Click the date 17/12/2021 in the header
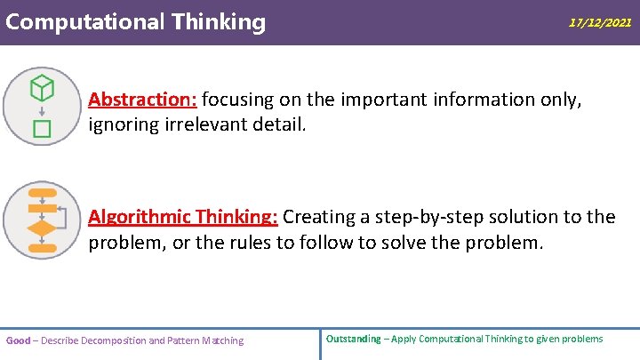point(600,23)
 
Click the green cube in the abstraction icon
point(42,87)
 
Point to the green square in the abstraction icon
point(42,129)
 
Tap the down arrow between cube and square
point(42,110)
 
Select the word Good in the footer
point(18,340)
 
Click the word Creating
point(317,217)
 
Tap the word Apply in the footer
point(399,339)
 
